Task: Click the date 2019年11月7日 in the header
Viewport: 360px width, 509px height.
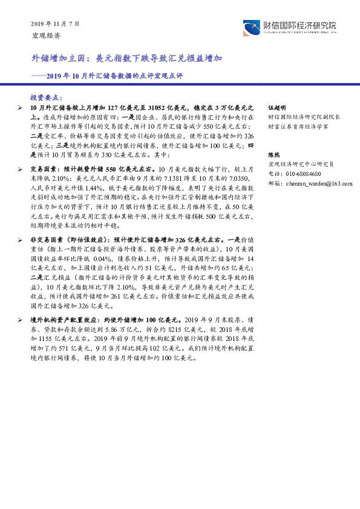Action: click(54, 24)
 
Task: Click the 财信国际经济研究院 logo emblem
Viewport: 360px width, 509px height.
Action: click(251, 28)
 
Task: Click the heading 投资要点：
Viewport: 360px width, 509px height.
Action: click(46, 97)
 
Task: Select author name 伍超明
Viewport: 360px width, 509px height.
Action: click(276, 106)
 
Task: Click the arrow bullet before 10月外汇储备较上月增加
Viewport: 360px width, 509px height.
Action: click(22, 106)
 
